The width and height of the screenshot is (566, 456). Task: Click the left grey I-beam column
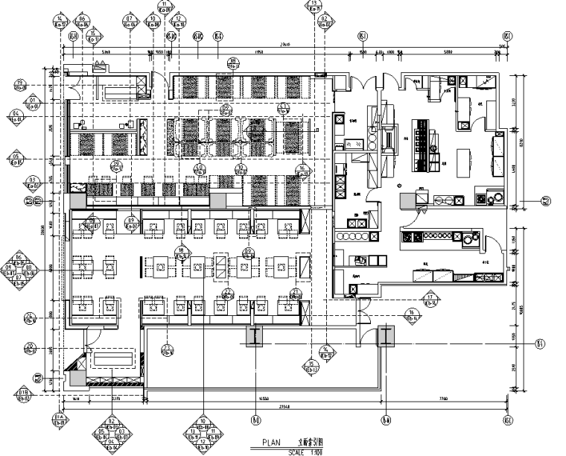(x=254, y=337)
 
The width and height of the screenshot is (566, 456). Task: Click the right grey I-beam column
(x=386, y=337)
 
